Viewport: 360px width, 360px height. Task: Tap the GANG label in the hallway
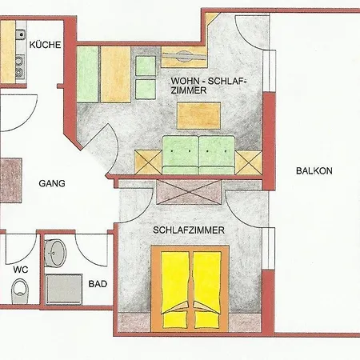point(51,183)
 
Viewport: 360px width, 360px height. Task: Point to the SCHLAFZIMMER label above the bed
point(189,230)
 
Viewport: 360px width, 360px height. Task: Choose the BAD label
point(98,284)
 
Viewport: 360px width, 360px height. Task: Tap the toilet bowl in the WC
point(19,293)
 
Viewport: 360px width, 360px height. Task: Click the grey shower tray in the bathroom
point(64,290)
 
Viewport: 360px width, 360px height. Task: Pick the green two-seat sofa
point(198,153)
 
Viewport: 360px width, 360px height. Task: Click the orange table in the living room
point(201,115)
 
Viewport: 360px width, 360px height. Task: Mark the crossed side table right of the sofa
point(248,162)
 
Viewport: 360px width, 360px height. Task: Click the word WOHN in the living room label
point(184,82)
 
